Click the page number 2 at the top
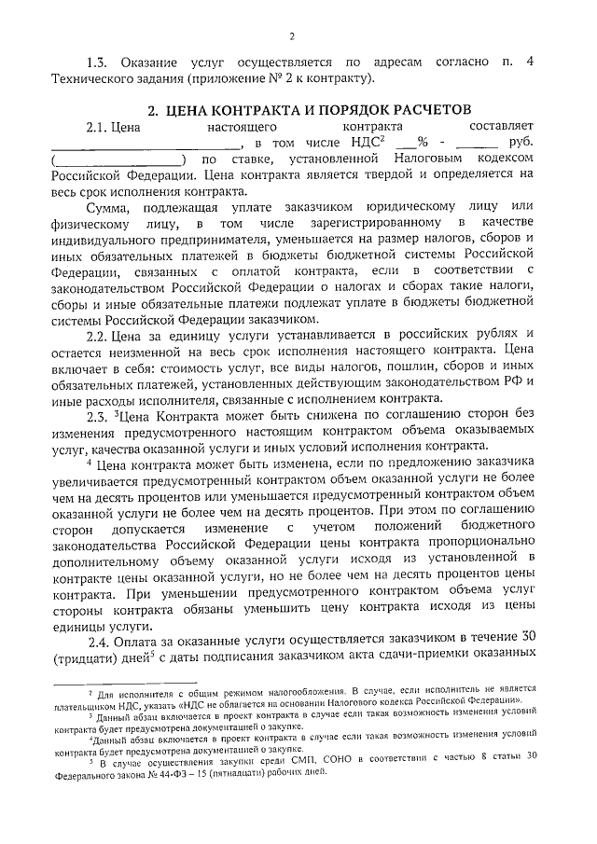[x=292, y=36]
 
